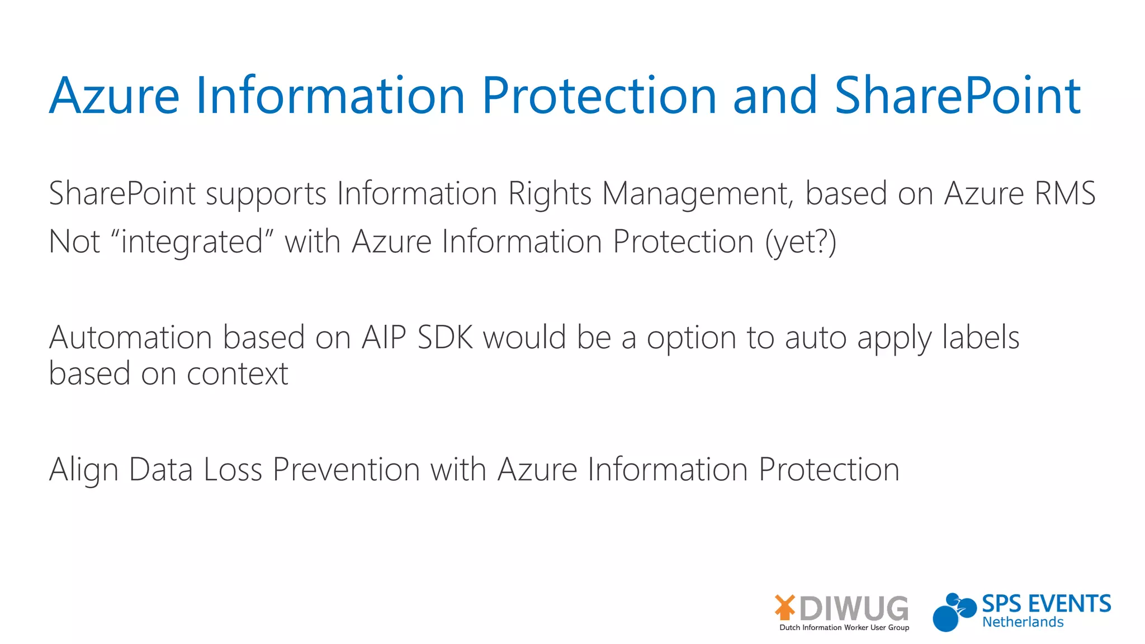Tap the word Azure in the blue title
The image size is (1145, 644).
[114, 96]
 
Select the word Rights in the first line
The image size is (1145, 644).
[550, 194]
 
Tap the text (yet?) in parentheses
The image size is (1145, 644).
[801, 242]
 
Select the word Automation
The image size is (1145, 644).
[130, 338]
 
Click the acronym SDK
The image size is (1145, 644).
[445, 338]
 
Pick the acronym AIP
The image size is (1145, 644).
[384, 338]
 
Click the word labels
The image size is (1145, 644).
[981, 338]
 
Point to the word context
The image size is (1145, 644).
[237, 373]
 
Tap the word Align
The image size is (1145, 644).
[83, 470]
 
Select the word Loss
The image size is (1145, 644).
[233, 469]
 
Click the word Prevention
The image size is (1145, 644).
[346, 469]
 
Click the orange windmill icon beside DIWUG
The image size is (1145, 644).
[785, 607]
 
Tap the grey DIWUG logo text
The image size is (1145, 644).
[854, 608]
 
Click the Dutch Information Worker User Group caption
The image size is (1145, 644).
[844, 628]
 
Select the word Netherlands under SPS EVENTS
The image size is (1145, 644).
[1023, 622]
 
